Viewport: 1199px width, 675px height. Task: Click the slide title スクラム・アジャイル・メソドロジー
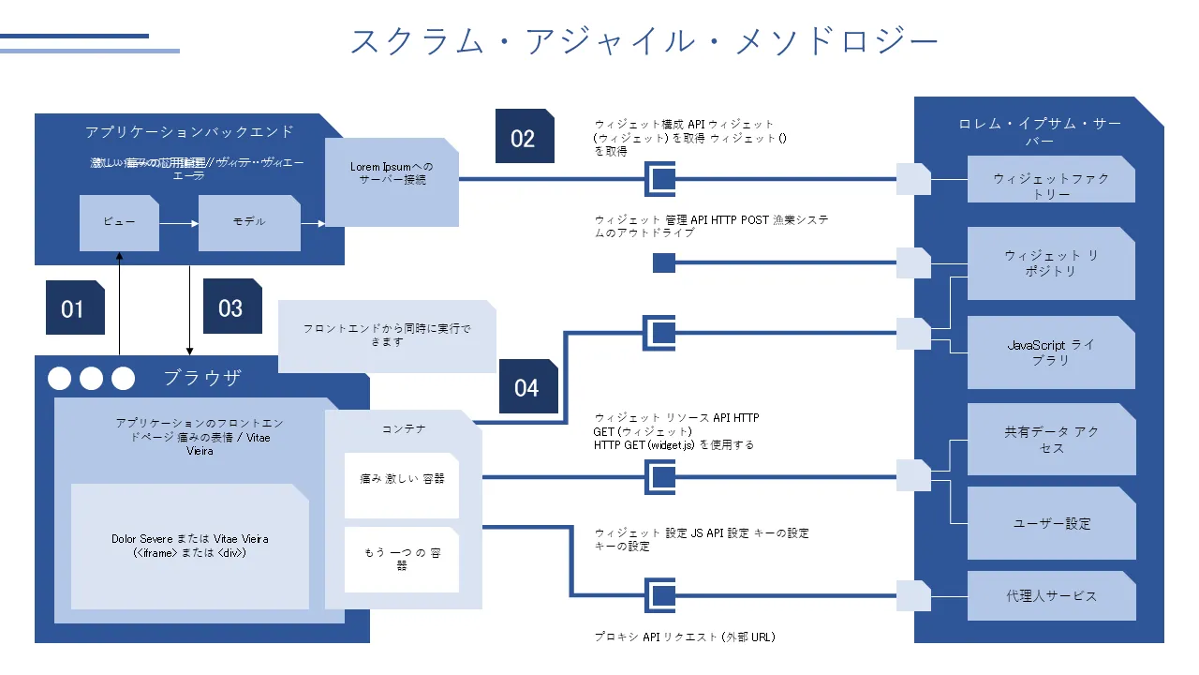point(644,41)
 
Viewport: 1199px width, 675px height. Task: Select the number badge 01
point(74,307)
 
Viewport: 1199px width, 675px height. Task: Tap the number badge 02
point(524,138)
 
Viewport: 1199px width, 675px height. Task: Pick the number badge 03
point(230,307)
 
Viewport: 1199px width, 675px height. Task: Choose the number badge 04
point(527,386)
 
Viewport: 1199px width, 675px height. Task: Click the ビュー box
point(119,223)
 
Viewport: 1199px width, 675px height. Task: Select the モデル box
point(249,223)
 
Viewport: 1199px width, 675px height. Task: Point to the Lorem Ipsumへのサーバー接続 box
point(392,182)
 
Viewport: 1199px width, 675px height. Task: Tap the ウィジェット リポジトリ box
point(1051,263)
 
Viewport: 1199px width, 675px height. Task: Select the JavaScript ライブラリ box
point(1051,352)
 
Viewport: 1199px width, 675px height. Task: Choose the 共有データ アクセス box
point(1051,440)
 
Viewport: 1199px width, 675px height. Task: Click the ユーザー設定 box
point(1051,523)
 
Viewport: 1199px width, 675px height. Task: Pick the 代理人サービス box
point(1051,595)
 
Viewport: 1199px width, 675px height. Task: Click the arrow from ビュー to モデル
point(179,223)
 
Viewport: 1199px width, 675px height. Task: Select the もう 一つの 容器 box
point(402,560)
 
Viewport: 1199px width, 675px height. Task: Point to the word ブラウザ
point(202,378)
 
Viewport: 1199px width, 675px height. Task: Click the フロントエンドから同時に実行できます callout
point(388,335)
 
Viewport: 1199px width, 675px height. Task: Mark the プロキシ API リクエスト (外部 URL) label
point(685,637)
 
